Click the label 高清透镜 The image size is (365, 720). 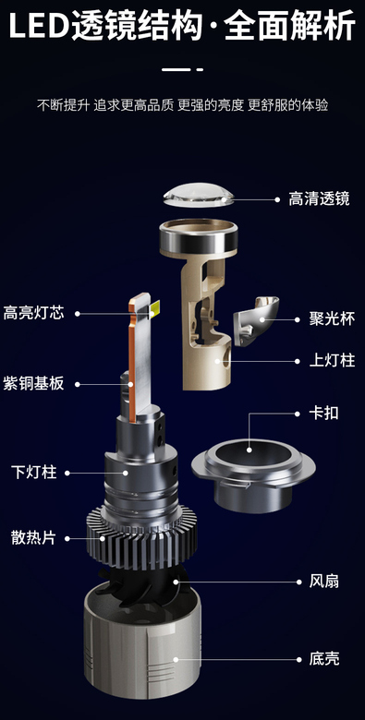coord(319,198)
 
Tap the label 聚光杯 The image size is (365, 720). coord(332,319)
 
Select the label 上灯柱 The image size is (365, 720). coord(332,360)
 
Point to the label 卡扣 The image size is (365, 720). coord(323,413)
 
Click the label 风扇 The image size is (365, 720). coord(323,581)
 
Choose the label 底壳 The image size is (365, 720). coord(323,659)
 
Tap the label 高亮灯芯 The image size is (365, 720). coord(33,314)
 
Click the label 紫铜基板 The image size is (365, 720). coord(33,383)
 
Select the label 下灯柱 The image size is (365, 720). coord(33,472)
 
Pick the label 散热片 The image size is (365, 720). coord(33,538)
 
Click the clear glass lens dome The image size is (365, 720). coord(199,195)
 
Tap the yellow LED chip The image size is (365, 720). coord(154,309)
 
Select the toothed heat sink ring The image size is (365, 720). coord(141,537)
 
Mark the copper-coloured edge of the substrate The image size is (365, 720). coord(132,363)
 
